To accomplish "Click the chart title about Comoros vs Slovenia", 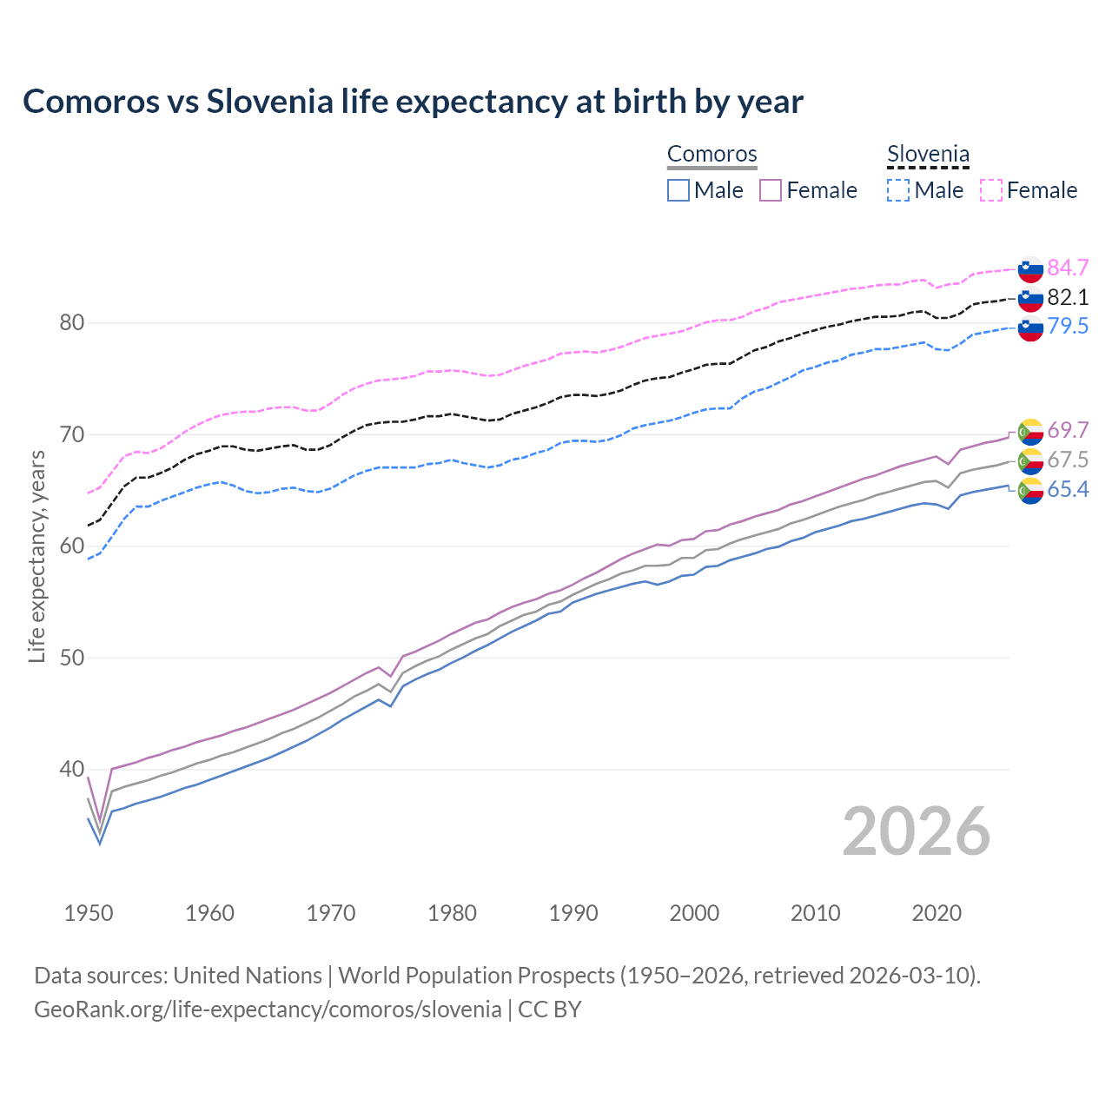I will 413,102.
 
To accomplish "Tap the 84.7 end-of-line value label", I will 1068,268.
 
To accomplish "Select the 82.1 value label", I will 1068,297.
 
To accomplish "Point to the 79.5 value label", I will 1068,326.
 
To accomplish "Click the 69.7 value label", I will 1068,430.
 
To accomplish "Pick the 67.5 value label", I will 1068,460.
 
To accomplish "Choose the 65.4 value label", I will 1068,489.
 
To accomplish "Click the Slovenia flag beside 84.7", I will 1030,269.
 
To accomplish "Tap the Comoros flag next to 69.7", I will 1030,432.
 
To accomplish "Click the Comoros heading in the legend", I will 712,154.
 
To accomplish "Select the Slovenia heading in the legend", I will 928,154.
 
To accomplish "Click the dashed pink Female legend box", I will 991,190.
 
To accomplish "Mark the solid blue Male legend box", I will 678,190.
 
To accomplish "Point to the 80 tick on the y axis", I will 72,323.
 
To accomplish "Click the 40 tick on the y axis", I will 72,770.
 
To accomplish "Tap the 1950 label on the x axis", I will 89,913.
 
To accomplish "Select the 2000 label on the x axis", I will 694,913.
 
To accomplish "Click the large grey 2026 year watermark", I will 917,831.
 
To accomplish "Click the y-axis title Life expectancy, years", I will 36,556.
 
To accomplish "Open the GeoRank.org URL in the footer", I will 268,1009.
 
